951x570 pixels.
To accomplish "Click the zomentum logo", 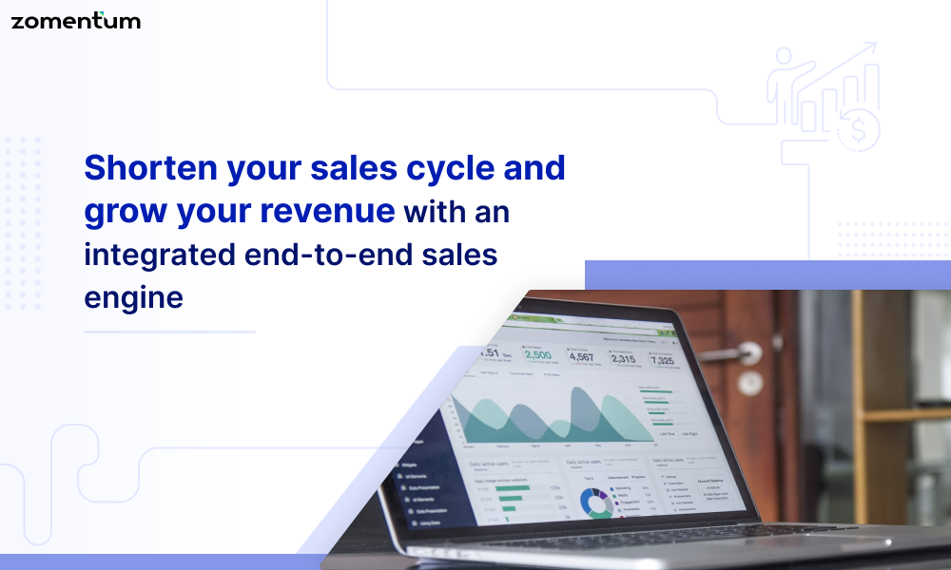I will pyautogui.click(x=75, y=20).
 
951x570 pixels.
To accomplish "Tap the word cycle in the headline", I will pyautogui.click(x=437, y=169).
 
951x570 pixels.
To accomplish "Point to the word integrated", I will pyautogui.click(x=158, y=255).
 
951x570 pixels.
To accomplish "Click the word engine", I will pyautogui.click(x=133, y=296).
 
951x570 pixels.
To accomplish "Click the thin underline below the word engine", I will pyautogui.click(x=169, y=332).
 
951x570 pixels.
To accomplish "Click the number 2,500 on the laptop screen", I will pyautogui.click(x=537, y=355).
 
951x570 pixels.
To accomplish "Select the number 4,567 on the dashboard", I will pyautogui.click(x=581, y=357).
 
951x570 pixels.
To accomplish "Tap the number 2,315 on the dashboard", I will pyautogui.click(x=623, y=359).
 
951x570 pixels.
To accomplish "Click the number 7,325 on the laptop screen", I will pyautogui.click(x=662, y=361).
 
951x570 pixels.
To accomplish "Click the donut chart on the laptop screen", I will pyautogui.click(x=596, y=501).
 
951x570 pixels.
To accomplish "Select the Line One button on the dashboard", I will pyautogui.click(x=667, y=433).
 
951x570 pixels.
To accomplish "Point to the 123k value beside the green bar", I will pyautogui.click(x=554, y=485).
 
